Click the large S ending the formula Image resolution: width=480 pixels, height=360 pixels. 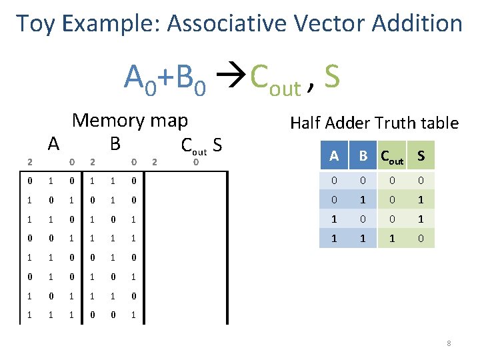pyautogui.click(x=331, y=77)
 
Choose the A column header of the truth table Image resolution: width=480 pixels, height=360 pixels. pyautogui.click(x=333, y=155)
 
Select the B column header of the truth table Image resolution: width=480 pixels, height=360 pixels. pyautogui.click(x=363, y=155)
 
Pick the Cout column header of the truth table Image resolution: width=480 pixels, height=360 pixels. pyautogui.click(x=393, y=157)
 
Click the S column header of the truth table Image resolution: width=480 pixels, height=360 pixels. pyautogui.click(x=420, y=155)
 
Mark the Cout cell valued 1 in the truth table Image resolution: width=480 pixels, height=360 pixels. pyautogui.click(x=392, y=237)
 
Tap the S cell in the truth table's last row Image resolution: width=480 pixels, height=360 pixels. pyautogui.click(x=420, y=237)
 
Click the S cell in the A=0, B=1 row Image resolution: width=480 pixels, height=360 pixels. pyautogui.click(x=420, y=200)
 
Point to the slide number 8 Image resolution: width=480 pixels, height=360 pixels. pyautogui.click(x=449, y=344)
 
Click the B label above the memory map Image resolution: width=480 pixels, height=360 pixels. pyautogui.click(x=115, y=143)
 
